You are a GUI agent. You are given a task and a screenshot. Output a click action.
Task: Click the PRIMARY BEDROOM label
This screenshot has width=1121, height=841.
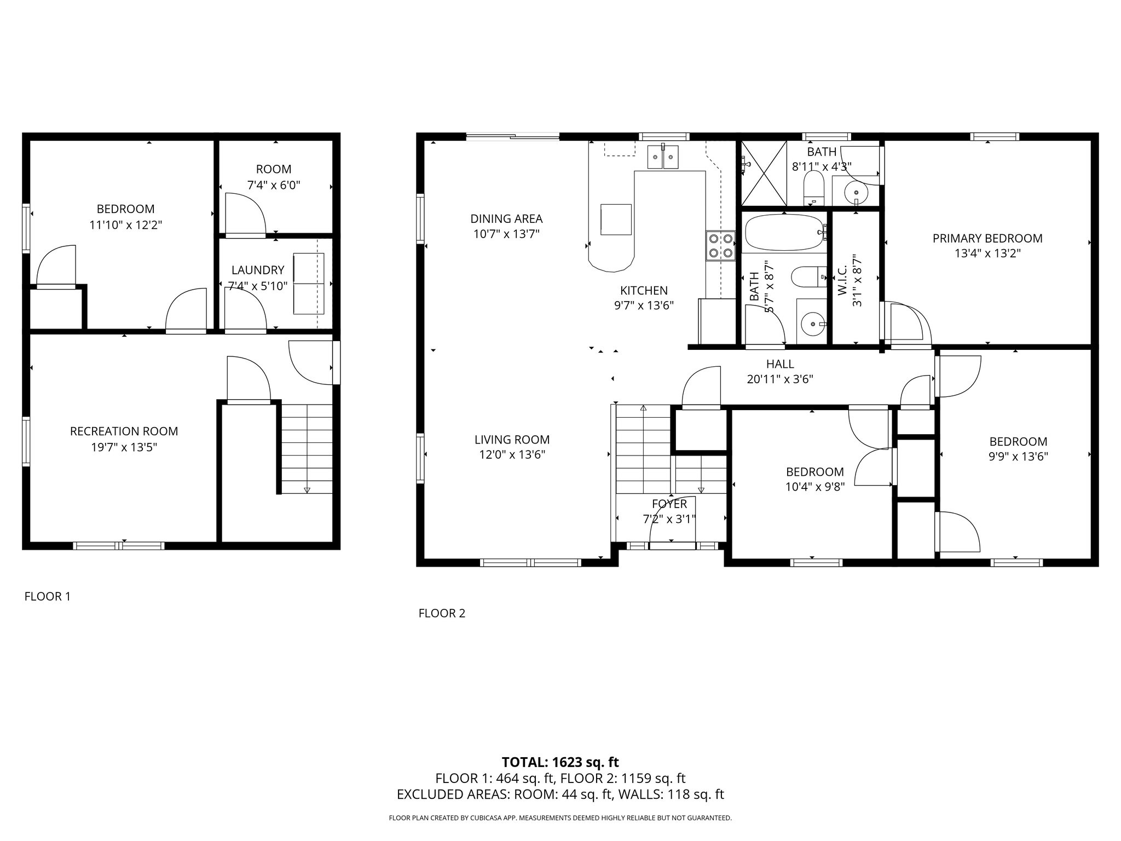987,238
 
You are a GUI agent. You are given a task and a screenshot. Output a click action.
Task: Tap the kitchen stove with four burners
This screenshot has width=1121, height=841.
720,246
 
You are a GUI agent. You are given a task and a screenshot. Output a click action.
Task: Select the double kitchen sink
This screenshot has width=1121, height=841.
662,157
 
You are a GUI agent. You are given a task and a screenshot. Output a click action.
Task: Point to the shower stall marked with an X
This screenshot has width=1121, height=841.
763,173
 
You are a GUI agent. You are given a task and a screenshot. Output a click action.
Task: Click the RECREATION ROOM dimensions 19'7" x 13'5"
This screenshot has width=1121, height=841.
124,447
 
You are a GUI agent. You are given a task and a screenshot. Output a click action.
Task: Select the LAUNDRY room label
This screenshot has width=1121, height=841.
257,270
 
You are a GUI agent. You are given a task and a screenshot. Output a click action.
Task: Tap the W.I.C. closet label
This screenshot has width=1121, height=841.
842,280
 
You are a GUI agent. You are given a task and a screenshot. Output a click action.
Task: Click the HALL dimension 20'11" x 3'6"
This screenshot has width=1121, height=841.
779,379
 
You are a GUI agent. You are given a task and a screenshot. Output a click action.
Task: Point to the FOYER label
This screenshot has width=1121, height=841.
669,504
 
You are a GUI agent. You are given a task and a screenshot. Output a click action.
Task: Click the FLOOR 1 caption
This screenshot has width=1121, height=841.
48,596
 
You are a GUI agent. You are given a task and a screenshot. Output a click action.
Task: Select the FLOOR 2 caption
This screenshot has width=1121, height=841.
442,613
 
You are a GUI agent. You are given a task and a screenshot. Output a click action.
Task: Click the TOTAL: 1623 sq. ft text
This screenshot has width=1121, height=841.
560,762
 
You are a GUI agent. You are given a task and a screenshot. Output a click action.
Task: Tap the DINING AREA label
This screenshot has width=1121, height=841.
506,219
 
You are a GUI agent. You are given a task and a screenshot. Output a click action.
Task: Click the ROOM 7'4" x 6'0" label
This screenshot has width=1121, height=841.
274,177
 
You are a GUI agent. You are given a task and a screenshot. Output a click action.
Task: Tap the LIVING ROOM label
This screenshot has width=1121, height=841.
512,439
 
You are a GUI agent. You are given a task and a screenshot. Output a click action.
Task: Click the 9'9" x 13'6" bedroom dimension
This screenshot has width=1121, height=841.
1018,457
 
